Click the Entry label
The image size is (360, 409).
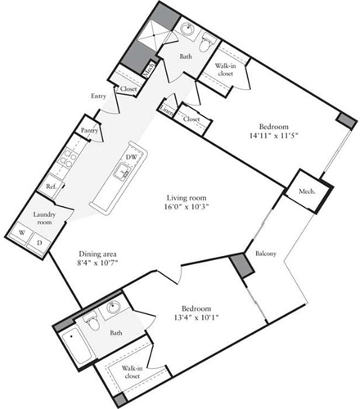[x=100, y=97]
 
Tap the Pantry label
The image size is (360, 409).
[x=89, y=129]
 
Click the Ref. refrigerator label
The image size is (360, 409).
[x=51, y=187]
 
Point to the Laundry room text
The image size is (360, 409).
[x=44, y=218]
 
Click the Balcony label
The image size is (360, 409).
[x=266, y=254]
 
